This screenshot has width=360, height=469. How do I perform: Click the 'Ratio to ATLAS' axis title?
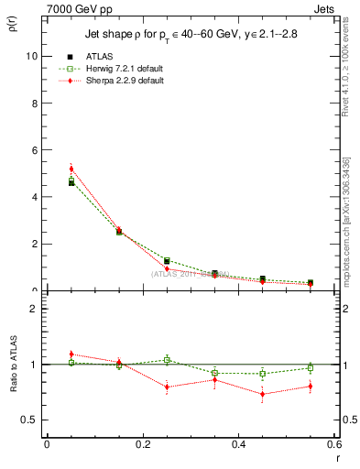click(x=12, y=365)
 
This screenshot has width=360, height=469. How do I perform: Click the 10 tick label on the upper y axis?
click(x=31, y=55)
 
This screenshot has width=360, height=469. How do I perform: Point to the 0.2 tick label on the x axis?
click(x=142, y=446)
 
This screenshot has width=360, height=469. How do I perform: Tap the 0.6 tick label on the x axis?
click(x=334, y=446)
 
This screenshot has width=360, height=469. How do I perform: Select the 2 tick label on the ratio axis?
click(x=34, y=309)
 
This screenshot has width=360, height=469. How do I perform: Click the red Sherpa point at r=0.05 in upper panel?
click(x=71, y=169)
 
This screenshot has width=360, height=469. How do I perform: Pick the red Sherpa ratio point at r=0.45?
click(x=263, y=395)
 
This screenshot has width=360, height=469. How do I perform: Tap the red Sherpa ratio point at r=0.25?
click(x=167, y=387)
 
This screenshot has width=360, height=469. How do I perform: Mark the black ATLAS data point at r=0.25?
click(x=167, y=261)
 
